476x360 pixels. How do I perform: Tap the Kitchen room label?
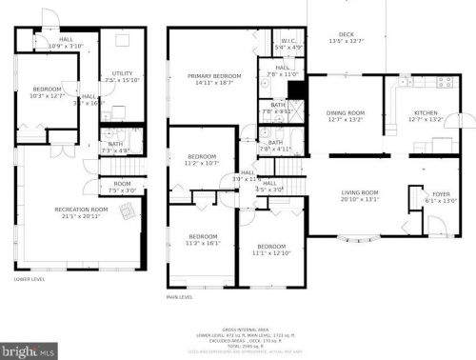[x=425, y=112]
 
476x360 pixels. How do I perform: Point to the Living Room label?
[x=360, y=192]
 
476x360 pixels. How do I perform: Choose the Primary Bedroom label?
[x=213, y=75]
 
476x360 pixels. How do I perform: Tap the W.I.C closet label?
[x=288, y=41]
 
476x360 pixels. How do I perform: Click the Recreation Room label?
[x=80, y=210]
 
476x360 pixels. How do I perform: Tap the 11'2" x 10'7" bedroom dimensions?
[x=201, y=163]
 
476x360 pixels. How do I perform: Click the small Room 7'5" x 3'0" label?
[x=122, y=184]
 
